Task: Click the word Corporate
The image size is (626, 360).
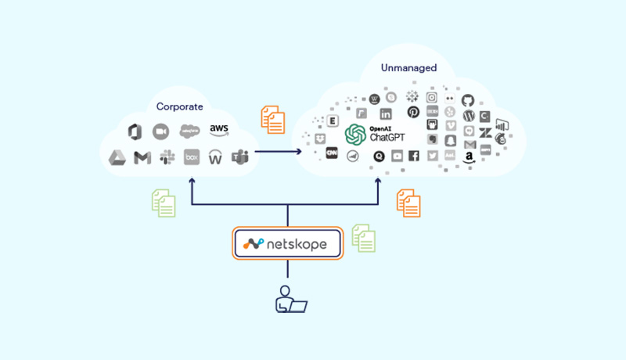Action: point(179,106)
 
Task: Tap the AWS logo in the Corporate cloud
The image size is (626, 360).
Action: point(218,130)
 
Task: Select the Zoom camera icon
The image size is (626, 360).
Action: point(161,131)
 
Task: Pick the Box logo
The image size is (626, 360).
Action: point(192,157)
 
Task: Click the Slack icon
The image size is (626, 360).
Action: point(167,158)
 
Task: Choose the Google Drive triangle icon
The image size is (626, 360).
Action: point(117,158)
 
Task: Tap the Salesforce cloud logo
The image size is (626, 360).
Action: point(189,130)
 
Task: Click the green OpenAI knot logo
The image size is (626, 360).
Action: point(355,135)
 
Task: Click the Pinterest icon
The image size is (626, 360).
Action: point(412,113)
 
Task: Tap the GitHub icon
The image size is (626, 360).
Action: point(468,100)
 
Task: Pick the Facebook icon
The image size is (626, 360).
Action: point(413,156)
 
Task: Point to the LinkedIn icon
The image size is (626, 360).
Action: point(385,114)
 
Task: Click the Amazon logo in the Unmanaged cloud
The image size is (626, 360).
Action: point(469,157)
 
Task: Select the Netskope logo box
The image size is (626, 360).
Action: point(288,243)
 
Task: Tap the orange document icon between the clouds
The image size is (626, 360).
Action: point(272,118)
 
